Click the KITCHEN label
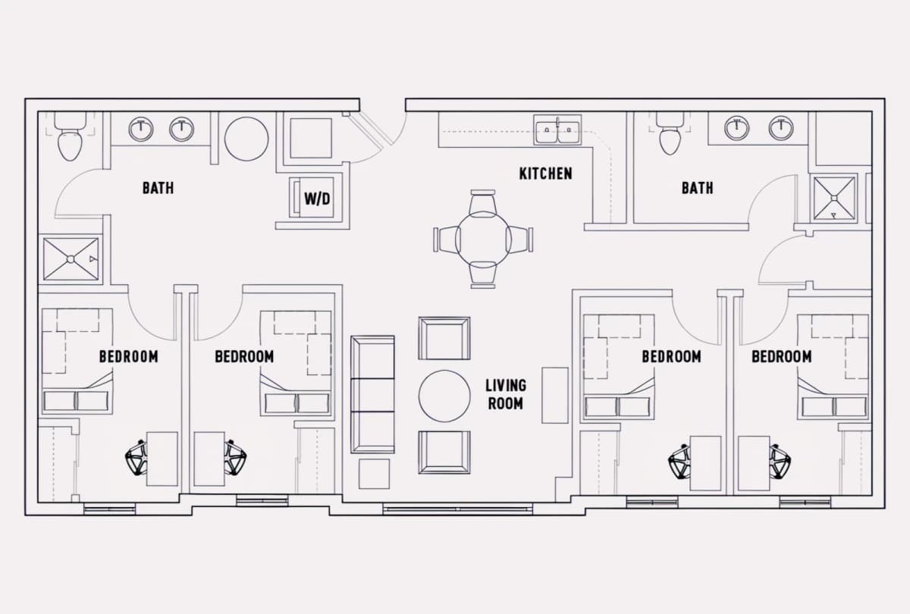[x=545, y=174]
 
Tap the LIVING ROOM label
[x=506, y=394]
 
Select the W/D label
[x=317, y=199]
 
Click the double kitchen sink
[x=557, y=130]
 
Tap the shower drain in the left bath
[x=71, y=259]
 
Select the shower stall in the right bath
[x=834, y=198]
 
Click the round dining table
[x=483, y=238]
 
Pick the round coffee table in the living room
[x=444, y=396]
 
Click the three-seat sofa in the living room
[x=372, y=394]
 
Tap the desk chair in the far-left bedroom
[x=136, y=458]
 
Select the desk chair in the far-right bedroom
[x=780, y=462]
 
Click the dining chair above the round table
[x=482, y=202]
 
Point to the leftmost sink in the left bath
[x=141, y=130]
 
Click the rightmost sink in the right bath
[x=781, y=128]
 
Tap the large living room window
[x=457, y=509]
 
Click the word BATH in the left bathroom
[x=158, y=188]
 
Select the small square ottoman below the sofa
[x=374, y=474]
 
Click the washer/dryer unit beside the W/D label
[x=312, y=197]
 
